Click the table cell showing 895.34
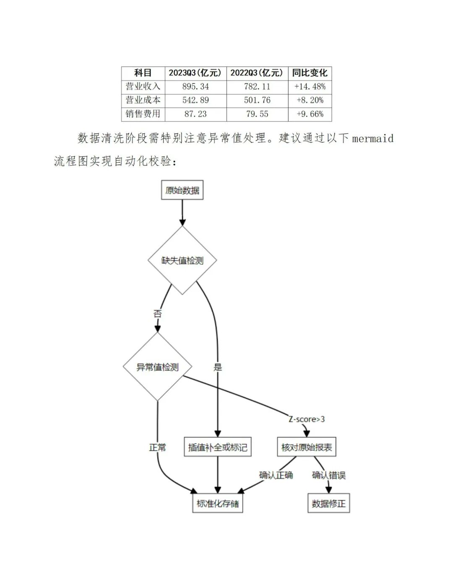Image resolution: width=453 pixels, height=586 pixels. coord(195,87)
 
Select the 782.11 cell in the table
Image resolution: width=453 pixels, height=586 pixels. coord(257,87)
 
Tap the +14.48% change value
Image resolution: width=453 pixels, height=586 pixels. coord(310,87)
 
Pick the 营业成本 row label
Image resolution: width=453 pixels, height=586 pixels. coord(143,100)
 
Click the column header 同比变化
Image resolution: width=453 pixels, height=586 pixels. coord(310,73)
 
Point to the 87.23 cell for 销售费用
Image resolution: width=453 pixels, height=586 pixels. coord(195,114)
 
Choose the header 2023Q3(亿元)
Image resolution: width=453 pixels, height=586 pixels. coord(195,73)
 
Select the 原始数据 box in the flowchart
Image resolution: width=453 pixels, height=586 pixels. coord(182,190)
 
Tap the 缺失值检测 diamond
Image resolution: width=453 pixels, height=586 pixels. coord(182,260)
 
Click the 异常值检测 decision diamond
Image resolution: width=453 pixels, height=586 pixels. coord(157,367)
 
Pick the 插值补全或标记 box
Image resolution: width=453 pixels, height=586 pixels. coord(218,447)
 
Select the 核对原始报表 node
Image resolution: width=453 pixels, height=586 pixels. coord(307,447)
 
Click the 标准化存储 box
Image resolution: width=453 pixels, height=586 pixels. coord(218,503)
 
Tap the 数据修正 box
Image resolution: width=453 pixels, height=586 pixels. coord(328,503)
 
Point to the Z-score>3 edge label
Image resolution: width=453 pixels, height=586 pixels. coord(307,419)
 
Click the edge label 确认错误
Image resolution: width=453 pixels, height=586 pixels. coord(328,475)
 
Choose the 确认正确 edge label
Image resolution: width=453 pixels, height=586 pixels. coord(276,475)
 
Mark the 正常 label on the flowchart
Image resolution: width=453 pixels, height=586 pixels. coord(157,448)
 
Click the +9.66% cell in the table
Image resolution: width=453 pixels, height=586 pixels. coord(310,114)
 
